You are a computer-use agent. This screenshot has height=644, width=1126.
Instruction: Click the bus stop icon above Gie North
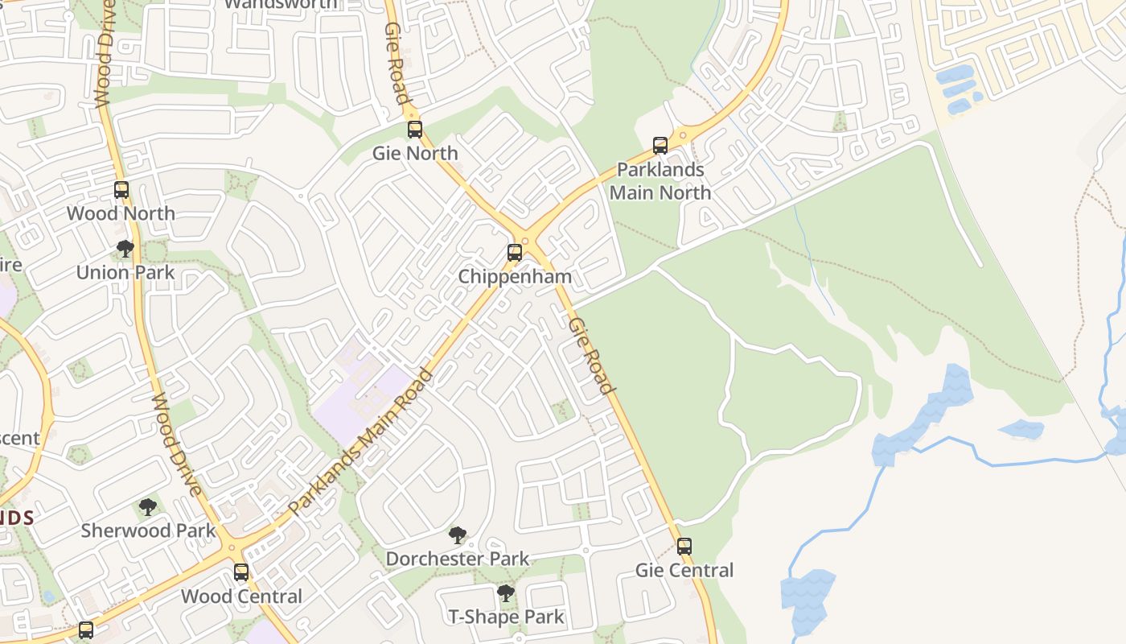coord(415,129)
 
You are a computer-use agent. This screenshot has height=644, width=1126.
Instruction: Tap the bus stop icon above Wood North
coord(121,190)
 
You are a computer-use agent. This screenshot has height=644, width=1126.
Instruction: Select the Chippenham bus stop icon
coord(515,253)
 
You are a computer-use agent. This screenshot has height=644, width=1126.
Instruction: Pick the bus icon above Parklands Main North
coord(660,146)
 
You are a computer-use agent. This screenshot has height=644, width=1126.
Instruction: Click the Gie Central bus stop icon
coord(684,547)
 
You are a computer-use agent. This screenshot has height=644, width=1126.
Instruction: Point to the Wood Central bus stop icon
coord(241,572)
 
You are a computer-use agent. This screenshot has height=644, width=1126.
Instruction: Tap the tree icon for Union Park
coord(125,249)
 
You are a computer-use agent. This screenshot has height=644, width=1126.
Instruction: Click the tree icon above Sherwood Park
coord(148,507)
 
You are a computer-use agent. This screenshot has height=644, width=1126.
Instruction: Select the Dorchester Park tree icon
coord(458,535)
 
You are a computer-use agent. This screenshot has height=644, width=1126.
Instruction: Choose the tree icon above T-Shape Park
coord(506,594)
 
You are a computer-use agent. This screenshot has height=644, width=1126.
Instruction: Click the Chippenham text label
coord(515,277)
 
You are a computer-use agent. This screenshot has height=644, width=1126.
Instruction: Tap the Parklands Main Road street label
coord(361,442)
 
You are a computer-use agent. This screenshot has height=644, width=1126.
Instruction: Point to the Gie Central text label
coord(684,571)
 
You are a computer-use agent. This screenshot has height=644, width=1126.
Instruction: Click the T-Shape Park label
coord(506,617)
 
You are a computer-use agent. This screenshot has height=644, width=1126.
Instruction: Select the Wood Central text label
coord(241,597)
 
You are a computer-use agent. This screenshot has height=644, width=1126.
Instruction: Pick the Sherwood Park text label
coord(148,530)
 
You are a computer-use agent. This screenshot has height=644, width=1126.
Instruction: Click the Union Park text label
coord(125,272)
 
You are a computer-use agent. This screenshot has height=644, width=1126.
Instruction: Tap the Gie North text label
coord(415,153)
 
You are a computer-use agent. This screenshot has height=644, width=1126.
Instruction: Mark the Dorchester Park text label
coord(458,559)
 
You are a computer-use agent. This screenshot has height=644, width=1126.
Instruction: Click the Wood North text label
coord(121,213)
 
